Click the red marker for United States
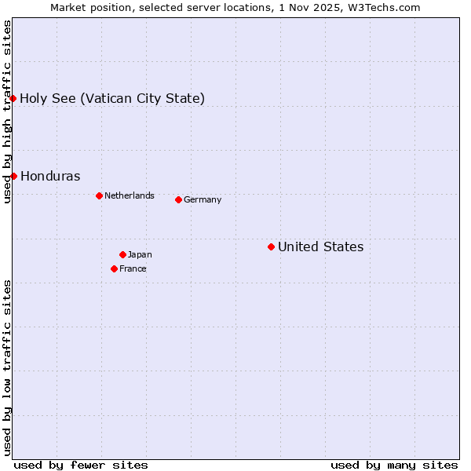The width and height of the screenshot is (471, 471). click(271, 246)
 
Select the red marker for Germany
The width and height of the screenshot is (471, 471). click(178, 199)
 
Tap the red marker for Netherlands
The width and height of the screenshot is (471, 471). click(99, 195)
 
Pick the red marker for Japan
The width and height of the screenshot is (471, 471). click(122, 254)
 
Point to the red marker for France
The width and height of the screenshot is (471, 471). click(114, 268)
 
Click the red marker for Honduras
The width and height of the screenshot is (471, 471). click(13, 176)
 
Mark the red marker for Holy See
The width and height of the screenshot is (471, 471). click(13, 98)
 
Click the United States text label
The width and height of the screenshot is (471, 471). click(320, 246)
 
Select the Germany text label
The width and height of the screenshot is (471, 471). click(203, 199)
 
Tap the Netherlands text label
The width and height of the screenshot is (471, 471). click(130, 195)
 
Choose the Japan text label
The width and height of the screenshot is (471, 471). click(140, 254)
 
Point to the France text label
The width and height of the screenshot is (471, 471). click(133, 268)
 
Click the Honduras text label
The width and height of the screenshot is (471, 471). click(50, 176)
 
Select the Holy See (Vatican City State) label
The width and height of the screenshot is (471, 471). click(112, 98)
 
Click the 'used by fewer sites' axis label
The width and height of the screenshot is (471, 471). click(81, 465)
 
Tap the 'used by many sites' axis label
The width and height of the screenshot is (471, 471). click(394, 465)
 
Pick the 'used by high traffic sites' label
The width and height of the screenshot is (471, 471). click(7, 111)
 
